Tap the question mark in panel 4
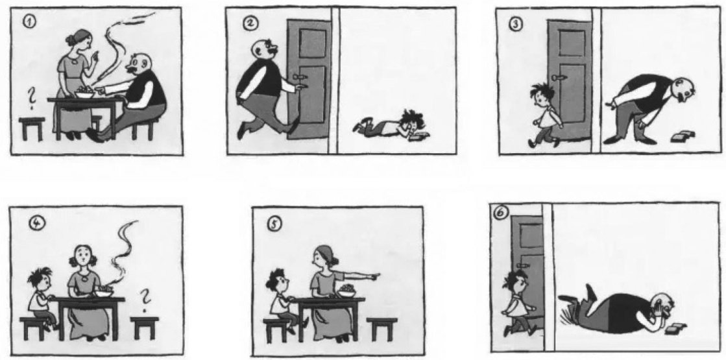145,298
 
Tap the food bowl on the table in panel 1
85,93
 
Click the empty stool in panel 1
32,128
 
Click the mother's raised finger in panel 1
96,57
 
